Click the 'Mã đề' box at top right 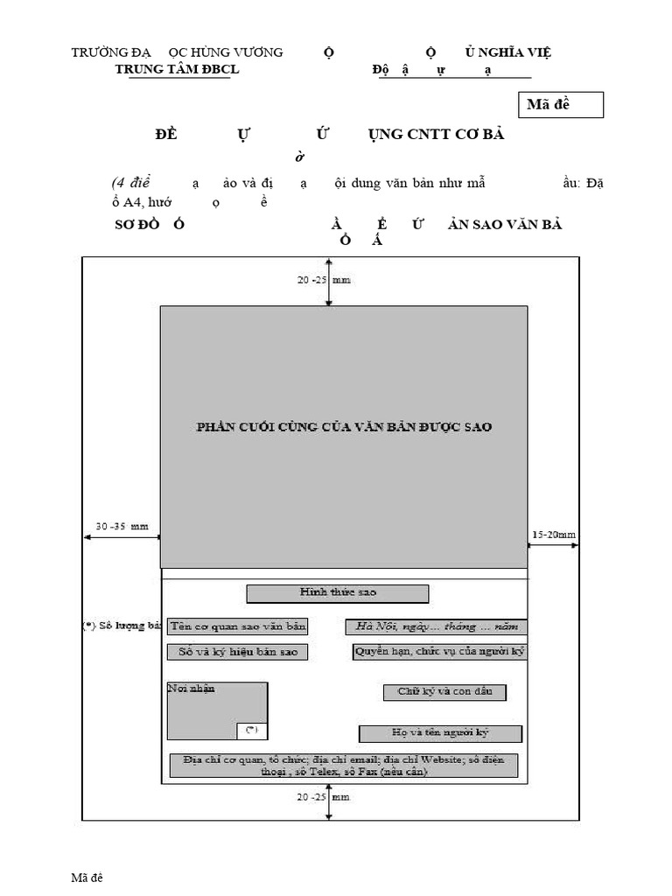pos(564,106)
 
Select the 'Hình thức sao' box pos(338,593)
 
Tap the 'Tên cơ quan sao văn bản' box pos(238,626)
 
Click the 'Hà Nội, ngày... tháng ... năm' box pos(436,626)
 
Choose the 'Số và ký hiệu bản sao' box pos(237,652)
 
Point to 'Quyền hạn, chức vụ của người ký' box pos(439,651)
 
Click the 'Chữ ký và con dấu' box pos(444,692)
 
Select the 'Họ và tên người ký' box pos(440,733)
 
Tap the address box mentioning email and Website pos(344,766)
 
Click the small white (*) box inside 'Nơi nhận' pos(251,731)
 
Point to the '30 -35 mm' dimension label pos(122,527)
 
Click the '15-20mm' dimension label pos(554,535)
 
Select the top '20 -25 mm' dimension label pos(324,280)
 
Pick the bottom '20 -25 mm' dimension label pos(324,798)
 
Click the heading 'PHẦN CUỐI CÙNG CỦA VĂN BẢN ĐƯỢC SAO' pos(344,427)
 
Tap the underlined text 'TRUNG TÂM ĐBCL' pos(178,69)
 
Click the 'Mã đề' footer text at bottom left pos(87,877)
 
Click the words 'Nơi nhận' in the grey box pos(191,689)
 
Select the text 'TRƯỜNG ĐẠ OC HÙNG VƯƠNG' pos(177,52)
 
